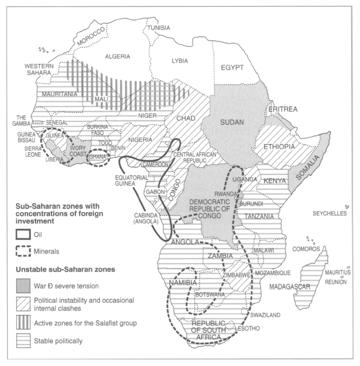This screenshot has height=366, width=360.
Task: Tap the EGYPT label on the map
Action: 232,68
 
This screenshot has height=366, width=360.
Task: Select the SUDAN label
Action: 231,122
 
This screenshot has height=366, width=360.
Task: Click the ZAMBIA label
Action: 220,256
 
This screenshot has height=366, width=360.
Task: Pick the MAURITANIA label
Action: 60,94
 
